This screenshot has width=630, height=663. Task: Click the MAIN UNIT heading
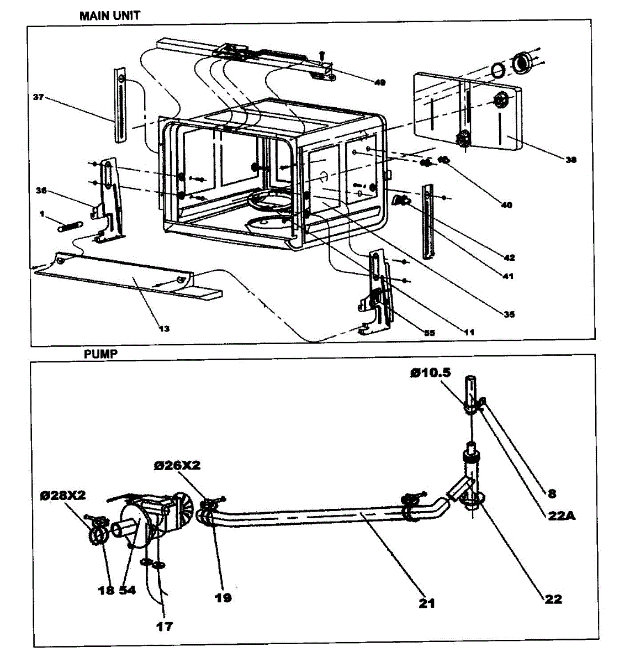[x=109, y=16]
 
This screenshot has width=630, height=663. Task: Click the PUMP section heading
[x=100, y=354]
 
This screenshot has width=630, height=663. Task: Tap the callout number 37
[x=38, y=97]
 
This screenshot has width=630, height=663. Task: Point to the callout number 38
[x=570, y=160]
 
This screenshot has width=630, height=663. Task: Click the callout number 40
[x=506, y=205]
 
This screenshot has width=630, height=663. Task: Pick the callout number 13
[x=164, y=329]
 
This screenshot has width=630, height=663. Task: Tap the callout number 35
[x=509, y=314]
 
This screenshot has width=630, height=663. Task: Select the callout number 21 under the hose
[x=427, y=603]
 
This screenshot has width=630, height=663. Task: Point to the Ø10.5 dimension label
[x=430, y=373]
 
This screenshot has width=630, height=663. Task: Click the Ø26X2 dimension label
[x=177, y=466]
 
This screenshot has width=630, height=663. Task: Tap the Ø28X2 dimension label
[x=62, y=495]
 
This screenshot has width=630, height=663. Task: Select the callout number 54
[x=127, y=590]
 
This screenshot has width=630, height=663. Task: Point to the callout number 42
[x=509, y=257]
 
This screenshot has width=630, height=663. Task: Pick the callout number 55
[x=429, y=333]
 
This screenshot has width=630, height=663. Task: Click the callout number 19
[x=223, y=597]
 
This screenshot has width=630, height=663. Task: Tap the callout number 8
[x=552, y=493]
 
